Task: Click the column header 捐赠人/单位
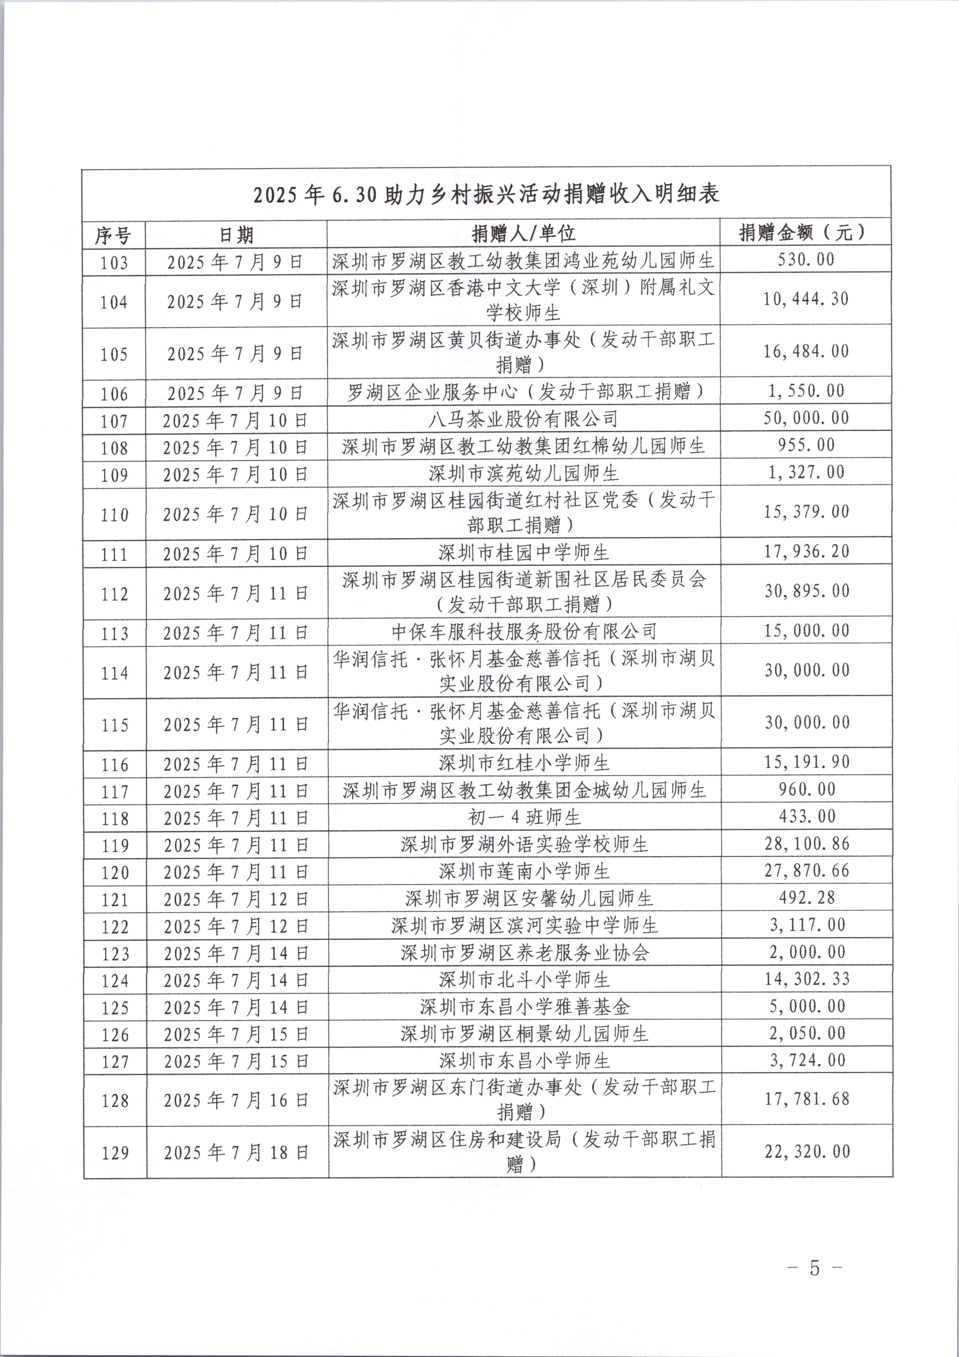[x=523, y=234]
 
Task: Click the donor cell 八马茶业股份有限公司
[x=523, y=420]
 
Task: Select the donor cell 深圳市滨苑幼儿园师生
[x=523, y=474]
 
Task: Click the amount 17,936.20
[x=806, y=551]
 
